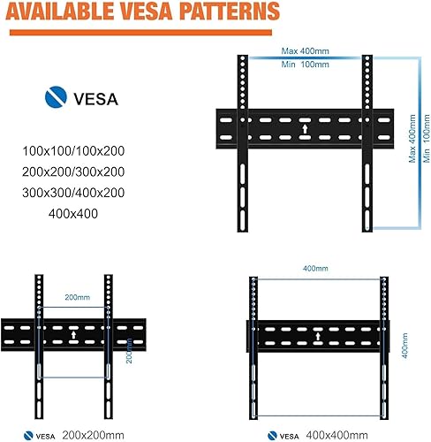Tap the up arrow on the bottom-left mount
[73, 336]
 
